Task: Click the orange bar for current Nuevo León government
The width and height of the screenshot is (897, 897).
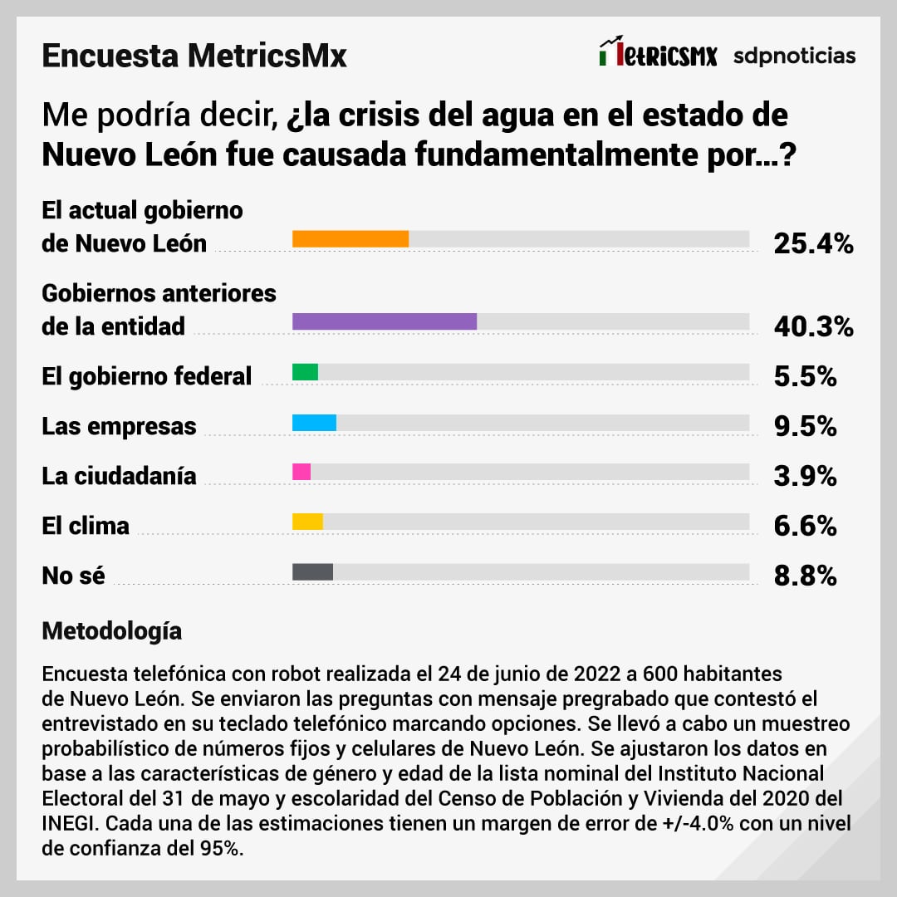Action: pyautogui.click(x=350, y=239)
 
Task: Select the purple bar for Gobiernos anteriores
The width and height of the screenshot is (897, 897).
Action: pyautogui.click(x=385, y=321)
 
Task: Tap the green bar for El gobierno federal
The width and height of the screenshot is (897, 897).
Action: pyautogui.click(x=306, y=372)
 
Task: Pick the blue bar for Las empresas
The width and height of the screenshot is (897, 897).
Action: pyautogui.click(x=314, y=422)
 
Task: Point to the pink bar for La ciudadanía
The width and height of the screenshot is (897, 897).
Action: pyautogui.click(x=301, y=472)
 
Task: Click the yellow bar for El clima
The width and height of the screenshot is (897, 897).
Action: pyautogui.click(x=307, y=522)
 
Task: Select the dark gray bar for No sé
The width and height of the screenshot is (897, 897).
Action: pyautogui.click(x=312, y=571)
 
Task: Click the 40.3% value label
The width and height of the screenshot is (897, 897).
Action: pyautogui.click(x=813, y=326)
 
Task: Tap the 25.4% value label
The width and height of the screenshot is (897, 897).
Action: pyautogui.click(x=813, y=243)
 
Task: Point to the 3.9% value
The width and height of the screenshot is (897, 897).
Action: pyautogui.click(x=805, y=476)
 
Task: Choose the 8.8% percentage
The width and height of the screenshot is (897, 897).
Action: pyautogui.click(x=805, y=576)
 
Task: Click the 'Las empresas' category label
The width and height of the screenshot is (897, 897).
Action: pyautogui.click(x=120, y=426)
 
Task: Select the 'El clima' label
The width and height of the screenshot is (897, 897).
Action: pyautogui.click(x=86, y=526)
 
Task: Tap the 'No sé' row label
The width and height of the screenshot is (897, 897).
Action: pyautogui.click(x=74, y=576)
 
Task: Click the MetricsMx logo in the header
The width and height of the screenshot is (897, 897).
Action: pyautogui.click(x=658, y=54)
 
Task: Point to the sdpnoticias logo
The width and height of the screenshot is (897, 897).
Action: pyautogui.click(x=794, y=56)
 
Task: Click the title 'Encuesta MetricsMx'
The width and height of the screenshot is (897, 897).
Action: pyautogui.click(x=194, y=56)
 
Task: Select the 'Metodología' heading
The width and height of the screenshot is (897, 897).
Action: pyautogui.click(x=112, y=630)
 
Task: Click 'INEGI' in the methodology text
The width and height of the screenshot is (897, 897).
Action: pyautogui.click(x=70, y=827)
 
